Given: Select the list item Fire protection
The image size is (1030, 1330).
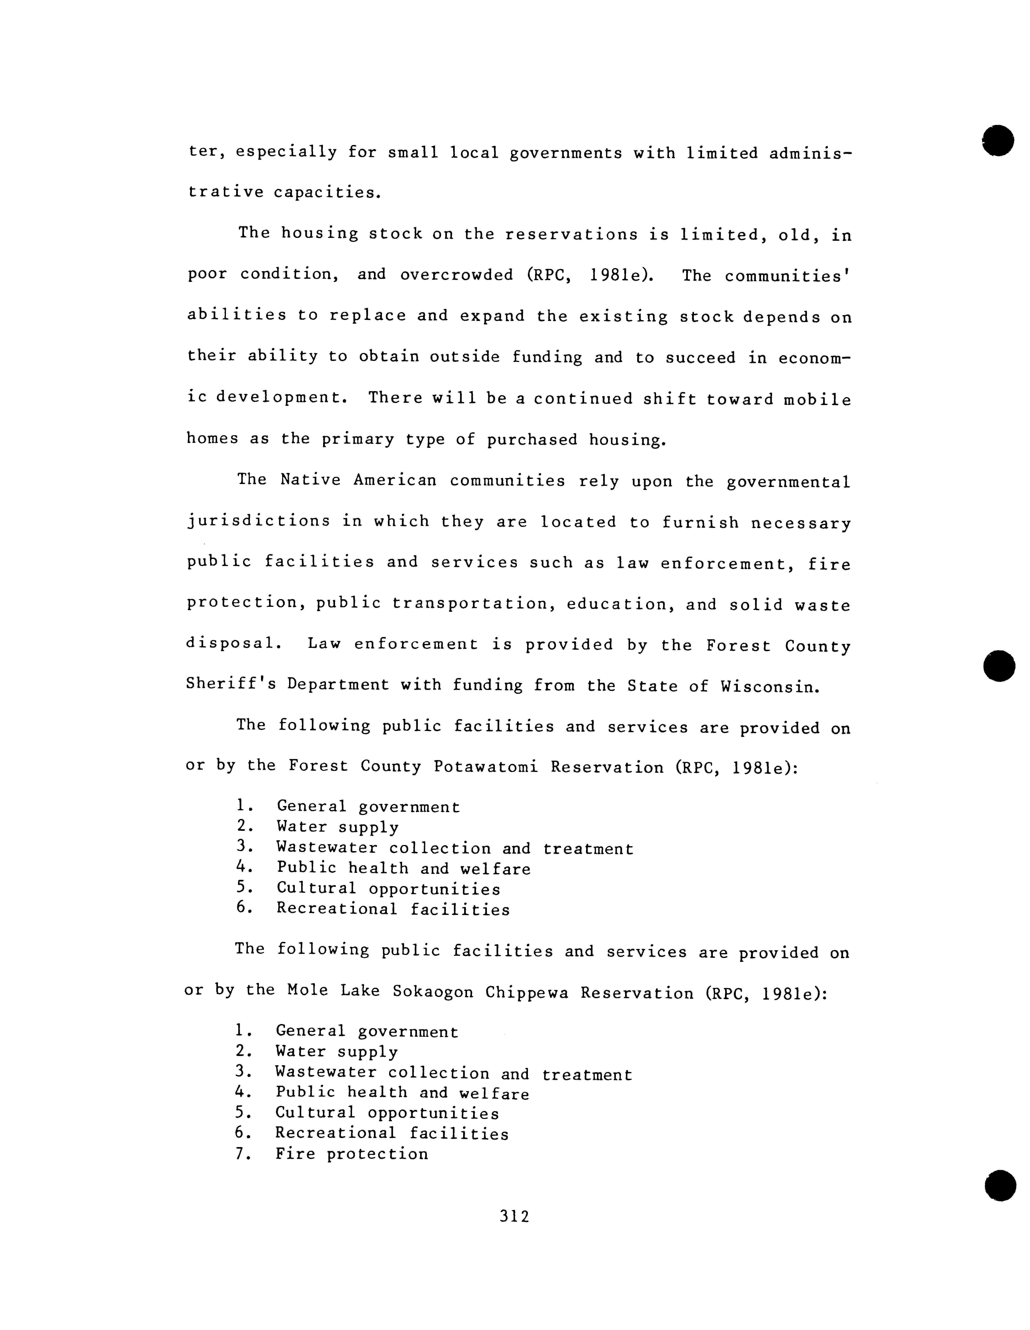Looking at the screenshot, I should click(352, 1154).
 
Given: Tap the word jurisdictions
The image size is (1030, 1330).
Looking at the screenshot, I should click(259, 521).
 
